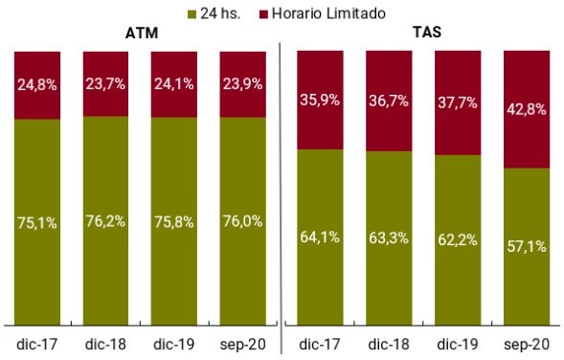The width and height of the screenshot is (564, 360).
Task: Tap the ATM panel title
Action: point(141,34)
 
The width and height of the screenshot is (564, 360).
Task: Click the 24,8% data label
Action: point(37,84)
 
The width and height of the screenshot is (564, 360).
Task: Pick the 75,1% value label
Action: point(37,223)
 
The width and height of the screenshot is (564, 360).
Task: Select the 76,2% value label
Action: point(106,222)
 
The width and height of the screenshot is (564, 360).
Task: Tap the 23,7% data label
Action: point(106,83)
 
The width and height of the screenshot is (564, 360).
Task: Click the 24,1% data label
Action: point(175,83)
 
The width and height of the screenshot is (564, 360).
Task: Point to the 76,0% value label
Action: point(243,222)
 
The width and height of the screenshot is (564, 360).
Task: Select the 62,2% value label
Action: point(458,239)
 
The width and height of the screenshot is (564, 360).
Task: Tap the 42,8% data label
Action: point(527,109)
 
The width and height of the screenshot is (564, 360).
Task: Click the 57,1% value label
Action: point(527,246)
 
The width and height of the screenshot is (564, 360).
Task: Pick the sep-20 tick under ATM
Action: point(243,343)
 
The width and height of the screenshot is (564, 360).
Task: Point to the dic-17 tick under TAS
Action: point(320,343)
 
